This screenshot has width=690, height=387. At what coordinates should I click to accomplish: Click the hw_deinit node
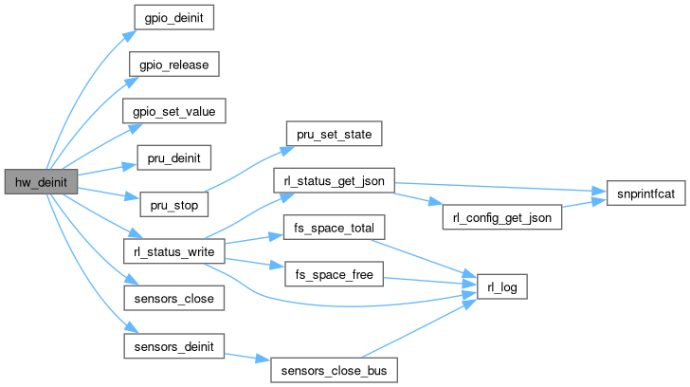coord(39,181)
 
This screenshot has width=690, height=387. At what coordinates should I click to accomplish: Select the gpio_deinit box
coord(175,17)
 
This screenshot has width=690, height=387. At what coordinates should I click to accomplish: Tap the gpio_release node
coord(175,64)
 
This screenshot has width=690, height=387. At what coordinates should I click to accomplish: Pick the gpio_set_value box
coord(175,110)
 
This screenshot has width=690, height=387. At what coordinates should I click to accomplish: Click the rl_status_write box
coord(175,250)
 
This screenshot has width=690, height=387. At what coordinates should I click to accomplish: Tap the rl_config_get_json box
coord(500,216)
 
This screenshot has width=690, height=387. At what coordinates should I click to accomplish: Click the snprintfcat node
coord(636,193)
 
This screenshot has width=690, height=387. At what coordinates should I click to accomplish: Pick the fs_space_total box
coord(328,229)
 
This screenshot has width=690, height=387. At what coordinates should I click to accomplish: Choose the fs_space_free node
coord(328,275)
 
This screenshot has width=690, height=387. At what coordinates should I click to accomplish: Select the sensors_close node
coord(175,298)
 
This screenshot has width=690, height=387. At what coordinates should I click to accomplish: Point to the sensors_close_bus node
coord(333,369)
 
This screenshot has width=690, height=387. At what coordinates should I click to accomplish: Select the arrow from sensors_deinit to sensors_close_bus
coord(248,358)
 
